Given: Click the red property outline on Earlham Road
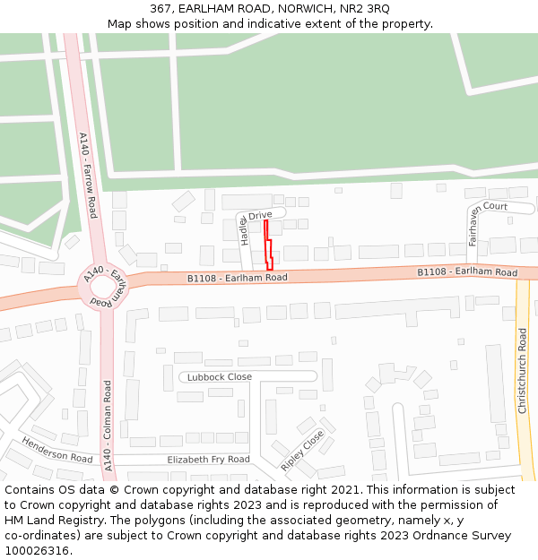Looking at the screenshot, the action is point(267,246).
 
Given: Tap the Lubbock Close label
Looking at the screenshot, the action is point(220,377).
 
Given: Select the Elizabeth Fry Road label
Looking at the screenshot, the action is point(208,460).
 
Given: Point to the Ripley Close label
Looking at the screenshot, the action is point(302,451).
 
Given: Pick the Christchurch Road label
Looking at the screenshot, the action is point(523,370).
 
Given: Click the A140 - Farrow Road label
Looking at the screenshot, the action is point(88,176).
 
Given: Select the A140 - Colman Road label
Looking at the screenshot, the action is point(108,426).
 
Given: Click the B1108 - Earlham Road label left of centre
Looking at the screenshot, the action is point(237,279).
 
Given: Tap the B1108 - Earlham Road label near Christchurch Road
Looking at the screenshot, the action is point(467,272).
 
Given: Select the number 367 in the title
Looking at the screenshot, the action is point(161,8).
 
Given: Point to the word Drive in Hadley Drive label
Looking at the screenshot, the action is point(260,216).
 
